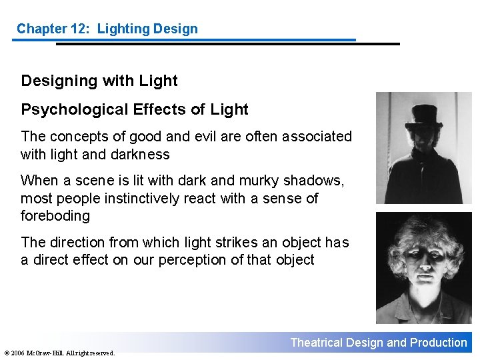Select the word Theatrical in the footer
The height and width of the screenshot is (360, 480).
point(317,343)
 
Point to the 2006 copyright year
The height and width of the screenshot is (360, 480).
point(18,353)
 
